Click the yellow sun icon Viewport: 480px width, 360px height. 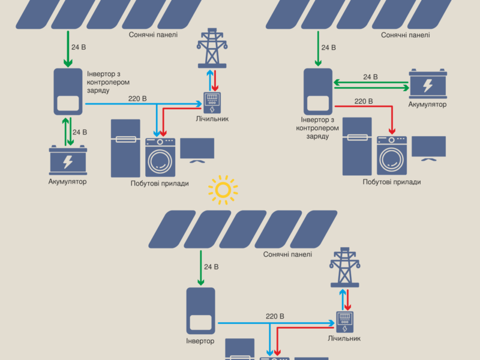coord(223,190)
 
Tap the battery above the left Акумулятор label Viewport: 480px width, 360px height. coord(68,160)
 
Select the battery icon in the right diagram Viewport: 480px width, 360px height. coord(427,84)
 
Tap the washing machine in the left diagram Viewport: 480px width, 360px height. coord(161,158)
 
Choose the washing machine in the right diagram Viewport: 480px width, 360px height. coord(392,155)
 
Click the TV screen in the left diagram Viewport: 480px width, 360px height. coord(197,149)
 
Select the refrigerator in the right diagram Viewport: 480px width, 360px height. coord(357,146)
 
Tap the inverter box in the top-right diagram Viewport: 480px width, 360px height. coord(317,91)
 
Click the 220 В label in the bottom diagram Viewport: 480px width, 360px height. coord(275,316)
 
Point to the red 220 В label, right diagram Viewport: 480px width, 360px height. coord(364,101)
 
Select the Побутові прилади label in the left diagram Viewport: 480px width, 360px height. coord(160,183)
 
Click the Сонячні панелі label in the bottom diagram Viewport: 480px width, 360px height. coord(287,254)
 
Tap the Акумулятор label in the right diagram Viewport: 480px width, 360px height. coord(427,105)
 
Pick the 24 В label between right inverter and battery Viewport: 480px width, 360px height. coord(370,77)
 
